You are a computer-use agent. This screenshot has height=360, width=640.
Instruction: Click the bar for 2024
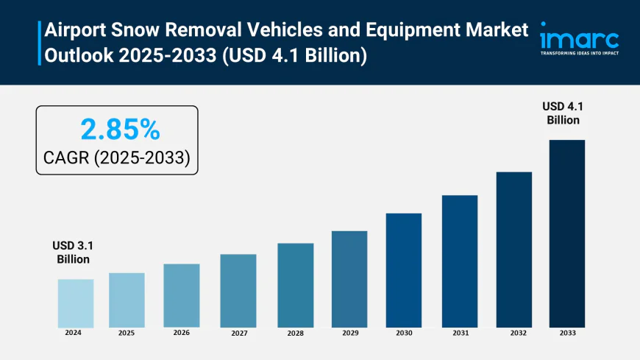pos(76,303)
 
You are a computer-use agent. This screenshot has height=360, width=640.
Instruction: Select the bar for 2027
pos(238,291)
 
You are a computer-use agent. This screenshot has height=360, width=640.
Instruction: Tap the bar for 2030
pos(404,270)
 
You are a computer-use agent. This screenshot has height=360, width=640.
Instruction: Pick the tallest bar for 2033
pos(566,233)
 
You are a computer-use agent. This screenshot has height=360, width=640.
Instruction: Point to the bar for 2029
pos(349,279)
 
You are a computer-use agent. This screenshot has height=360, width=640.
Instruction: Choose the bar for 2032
pos(513,250)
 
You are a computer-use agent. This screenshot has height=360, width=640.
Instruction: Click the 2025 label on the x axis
pos(127,333)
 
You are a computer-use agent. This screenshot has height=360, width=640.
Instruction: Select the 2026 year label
pos(182,333)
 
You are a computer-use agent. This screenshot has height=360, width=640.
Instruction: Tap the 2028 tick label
pos(296,333)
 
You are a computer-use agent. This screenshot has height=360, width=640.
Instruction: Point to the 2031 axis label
pos(460,333)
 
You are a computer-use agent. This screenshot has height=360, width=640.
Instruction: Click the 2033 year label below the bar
pos(566,333)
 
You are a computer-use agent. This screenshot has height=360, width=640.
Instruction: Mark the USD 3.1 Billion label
pos(74,252)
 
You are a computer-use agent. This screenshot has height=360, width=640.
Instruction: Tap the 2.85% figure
pos(119,130)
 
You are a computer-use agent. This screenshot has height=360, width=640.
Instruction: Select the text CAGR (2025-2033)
pos(118,157)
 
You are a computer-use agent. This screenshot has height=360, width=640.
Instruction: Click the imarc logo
pos(580,37)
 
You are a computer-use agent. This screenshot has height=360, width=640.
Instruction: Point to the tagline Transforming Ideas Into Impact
pos(580,54)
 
